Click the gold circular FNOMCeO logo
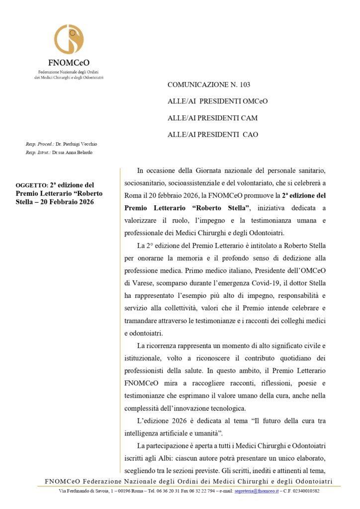69,39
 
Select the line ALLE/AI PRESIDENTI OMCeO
217,101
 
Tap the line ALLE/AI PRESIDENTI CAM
212,118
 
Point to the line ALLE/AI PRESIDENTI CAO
213,134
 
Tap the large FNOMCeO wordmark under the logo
69,63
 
